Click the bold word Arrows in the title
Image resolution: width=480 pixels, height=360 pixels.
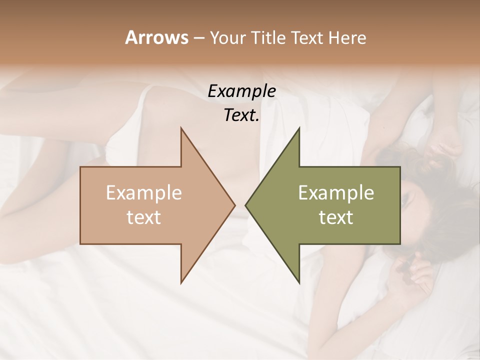click(156, 37)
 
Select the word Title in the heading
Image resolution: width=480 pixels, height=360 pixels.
click(267, 37)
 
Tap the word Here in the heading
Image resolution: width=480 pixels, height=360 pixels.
click(347, 37)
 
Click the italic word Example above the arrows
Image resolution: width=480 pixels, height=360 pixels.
click(241, 91)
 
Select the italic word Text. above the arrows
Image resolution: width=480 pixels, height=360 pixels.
click(241, 115)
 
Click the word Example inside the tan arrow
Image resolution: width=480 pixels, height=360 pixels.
click(144, 193)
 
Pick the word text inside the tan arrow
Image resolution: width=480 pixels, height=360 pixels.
click(144, 217)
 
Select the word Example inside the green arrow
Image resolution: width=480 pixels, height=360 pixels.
click(336, 193)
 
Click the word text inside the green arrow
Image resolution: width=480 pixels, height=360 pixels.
click(336, 217)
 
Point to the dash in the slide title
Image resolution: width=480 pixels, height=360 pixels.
click(198, 38)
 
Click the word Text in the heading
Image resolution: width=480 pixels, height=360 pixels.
click(307, 37)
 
